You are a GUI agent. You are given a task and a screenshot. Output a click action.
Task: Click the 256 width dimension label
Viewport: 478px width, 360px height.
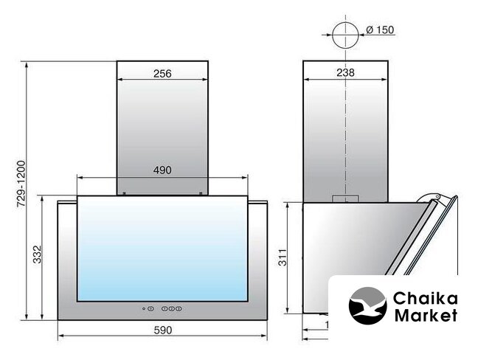162,74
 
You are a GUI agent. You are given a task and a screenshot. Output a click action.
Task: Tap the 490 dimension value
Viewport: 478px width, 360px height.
162,170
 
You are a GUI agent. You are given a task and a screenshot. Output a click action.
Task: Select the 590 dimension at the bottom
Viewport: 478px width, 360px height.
163,330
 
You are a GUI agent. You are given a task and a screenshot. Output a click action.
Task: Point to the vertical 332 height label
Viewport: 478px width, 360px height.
37,255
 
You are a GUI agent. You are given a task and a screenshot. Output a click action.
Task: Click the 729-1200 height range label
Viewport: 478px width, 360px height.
21,184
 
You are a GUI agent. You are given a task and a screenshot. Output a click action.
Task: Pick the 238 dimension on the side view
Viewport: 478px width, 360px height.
346,72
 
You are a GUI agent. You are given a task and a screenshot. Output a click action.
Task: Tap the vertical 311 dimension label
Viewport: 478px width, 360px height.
283,257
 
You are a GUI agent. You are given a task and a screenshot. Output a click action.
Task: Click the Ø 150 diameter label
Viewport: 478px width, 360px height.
380,30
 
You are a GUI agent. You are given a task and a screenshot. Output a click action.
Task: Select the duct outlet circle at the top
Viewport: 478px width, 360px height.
345,23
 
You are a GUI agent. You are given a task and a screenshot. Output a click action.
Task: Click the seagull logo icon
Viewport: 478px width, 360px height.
367,305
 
